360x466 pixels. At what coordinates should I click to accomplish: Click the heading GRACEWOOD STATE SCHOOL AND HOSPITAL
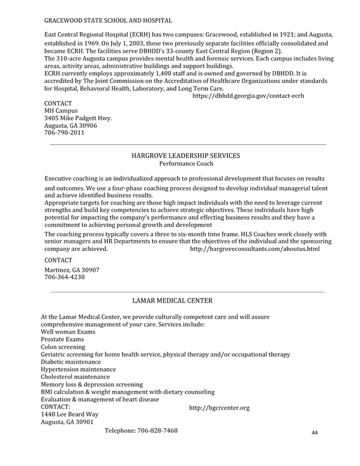(108, 21)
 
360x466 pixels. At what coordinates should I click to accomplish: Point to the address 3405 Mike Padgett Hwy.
(79, 118)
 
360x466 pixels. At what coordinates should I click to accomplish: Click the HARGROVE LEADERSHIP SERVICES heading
(185, 156)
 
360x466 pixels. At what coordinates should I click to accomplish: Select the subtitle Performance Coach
(186, 163)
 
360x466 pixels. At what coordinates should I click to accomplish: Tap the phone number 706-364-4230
(65, 277)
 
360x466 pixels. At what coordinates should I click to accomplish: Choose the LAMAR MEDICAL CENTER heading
(172, 300)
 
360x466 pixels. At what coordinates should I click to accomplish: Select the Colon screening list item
(63, 347)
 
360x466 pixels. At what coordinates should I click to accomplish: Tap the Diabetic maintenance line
(71, 362)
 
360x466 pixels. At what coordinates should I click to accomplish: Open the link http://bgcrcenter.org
(219, 408)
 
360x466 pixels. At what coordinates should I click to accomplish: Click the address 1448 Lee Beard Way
(70, 414)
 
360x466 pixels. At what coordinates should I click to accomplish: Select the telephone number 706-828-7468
(157, 431)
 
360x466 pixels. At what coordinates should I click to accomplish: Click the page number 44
(316, 433)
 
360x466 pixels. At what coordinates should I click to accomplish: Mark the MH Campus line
(61, 111)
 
